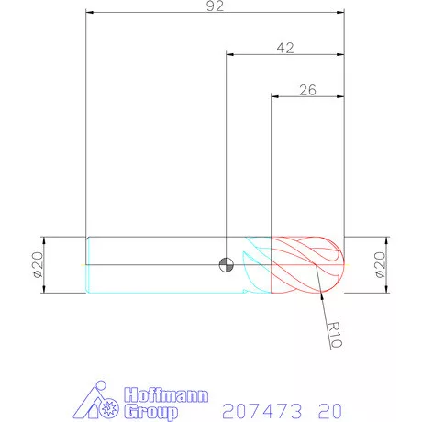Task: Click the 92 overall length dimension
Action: coord(216,6)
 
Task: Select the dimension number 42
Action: coord(284,48)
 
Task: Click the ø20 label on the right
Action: coord(380,265)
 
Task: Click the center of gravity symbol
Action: coord(226,265)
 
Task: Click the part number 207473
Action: coord(254,407)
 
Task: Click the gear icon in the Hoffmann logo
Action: coord(110,403)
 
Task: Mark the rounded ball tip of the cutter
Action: coord(338,265)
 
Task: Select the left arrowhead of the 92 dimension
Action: coord(90,14)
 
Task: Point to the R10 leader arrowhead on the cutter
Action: coord(321,294)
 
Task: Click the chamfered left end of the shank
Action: coord(87,265)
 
